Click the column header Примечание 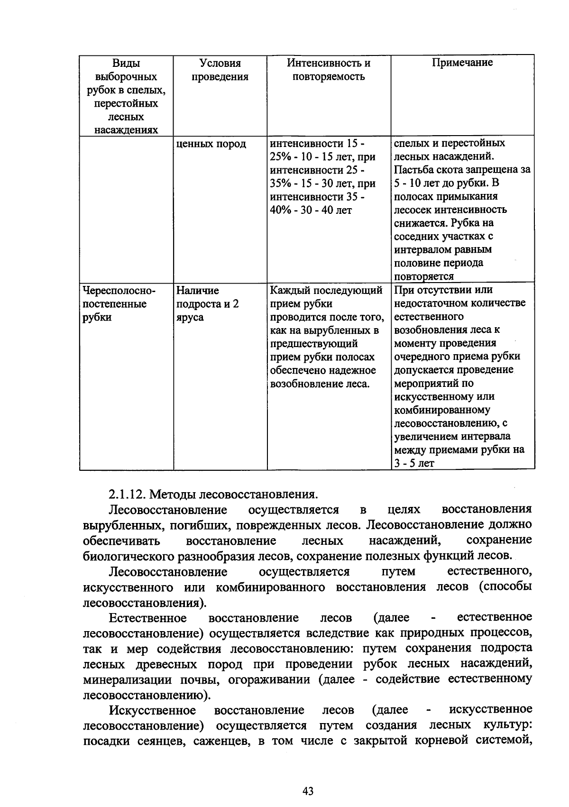coord(462,63)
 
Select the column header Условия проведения coord(220,70)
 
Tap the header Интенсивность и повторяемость coord(329,70)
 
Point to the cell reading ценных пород coord(211,144)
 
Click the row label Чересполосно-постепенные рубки coord(116,303)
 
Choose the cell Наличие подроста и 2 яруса coord(207,303)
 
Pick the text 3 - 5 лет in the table coord(414,463)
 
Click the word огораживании coord(269,679)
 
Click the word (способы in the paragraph coord(505,587)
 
